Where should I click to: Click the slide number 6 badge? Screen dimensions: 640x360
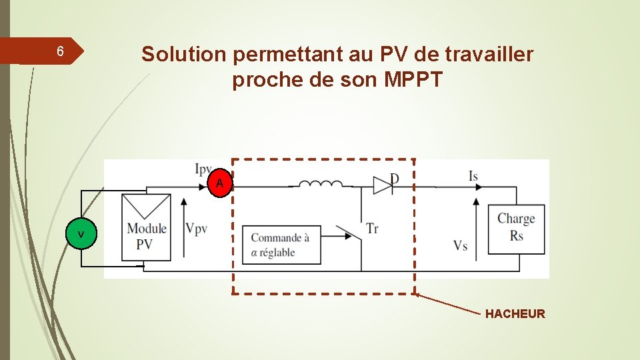coord(60,52)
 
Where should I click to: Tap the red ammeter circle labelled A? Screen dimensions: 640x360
coord(220,183)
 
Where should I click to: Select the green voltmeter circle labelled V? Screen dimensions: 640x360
coord(81,235)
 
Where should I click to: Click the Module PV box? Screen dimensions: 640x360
coord(146,227)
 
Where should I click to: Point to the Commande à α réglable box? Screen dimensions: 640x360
coord(281,245)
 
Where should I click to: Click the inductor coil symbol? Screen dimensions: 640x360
coord(320,184)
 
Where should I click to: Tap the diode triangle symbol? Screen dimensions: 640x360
coord(382,185)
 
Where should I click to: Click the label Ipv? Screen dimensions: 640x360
coord(205,169)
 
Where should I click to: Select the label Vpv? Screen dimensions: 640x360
coord(197,229)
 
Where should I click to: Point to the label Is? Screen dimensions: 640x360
coord(473,176)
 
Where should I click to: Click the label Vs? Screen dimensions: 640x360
coord(460,246)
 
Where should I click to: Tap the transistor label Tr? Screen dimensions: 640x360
coord(372,229)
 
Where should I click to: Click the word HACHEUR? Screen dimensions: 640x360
coord(515,314)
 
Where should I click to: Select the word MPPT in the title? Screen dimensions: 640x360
coord(413,80)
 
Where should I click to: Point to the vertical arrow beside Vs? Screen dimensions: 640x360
coord(477,223)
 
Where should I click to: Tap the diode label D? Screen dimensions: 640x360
coord(394,178)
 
